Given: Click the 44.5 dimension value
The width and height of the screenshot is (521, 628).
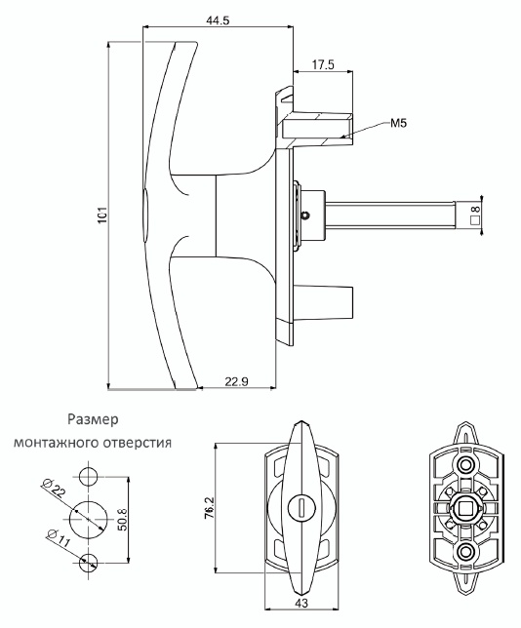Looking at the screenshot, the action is click(x=218, y=20).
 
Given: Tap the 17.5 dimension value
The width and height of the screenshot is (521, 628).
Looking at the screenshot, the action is click(x=323, y=65).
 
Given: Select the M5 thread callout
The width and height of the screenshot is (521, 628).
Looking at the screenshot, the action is click(x=398, y=123).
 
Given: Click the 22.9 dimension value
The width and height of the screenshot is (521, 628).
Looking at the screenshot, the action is click(x=236, y=381).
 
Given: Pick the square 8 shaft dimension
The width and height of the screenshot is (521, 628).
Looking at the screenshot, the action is click(x=476, y=214).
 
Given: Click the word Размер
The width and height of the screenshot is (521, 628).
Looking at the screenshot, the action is click(x=93, y=419).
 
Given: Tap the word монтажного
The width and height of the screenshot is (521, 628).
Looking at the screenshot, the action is click(x=54, y=443).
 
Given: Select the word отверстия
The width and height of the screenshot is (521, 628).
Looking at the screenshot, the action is click(x=135, y=443).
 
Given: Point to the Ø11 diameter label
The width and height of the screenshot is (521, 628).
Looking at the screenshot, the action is click(x=59, y=538).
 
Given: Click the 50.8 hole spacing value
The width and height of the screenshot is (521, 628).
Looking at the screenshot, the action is click(x=122, y=520).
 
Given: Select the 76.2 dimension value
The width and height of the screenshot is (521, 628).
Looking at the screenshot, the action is click(x=210, y=508).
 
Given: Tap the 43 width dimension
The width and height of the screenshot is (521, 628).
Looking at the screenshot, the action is click(x=302, y=614).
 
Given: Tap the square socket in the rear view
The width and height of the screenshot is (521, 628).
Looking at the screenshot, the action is click(x=465, y=508).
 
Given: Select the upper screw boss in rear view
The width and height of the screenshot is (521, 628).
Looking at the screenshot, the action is click(x=465, y=465).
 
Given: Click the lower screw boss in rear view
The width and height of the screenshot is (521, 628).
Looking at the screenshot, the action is click(x=465, y=552).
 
